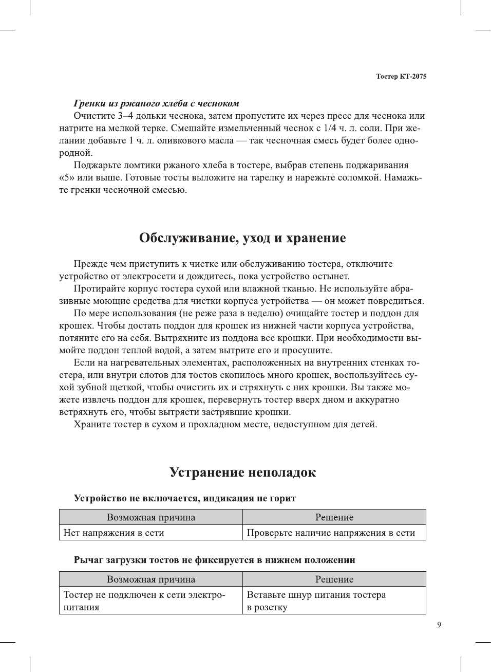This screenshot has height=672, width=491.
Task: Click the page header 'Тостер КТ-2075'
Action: [401, 77]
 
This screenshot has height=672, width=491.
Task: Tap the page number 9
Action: [439, 625]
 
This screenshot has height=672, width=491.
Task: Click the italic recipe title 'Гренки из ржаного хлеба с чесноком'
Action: [156, 103]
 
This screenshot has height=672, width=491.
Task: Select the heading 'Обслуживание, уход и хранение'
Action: [242, 238]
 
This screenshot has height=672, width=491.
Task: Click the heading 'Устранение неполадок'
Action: [242, 473]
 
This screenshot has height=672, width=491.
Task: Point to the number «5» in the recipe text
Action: [65, 178]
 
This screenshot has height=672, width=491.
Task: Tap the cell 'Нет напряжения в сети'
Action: [114, 533]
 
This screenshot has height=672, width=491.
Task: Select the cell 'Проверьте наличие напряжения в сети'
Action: [331, 533]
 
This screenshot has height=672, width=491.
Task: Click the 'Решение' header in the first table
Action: [334, 518]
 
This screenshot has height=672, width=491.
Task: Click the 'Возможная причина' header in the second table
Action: [150, 579]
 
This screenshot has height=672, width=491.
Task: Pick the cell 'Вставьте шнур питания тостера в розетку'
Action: [316, 601]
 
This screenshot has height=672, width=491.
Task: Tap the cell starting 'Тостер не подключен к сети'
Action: [144, 601]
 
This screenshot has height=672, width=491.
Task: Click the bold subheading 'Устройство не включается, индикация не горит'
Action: [185, 498]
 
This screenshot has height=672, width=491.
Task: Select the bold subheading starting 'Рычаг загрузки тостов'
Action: [214, 560]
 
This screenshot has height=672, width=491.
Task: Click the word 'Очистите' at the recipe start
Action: [94, 116]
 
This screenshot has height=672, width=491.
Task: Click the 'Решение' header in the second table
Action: [334, 579]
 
